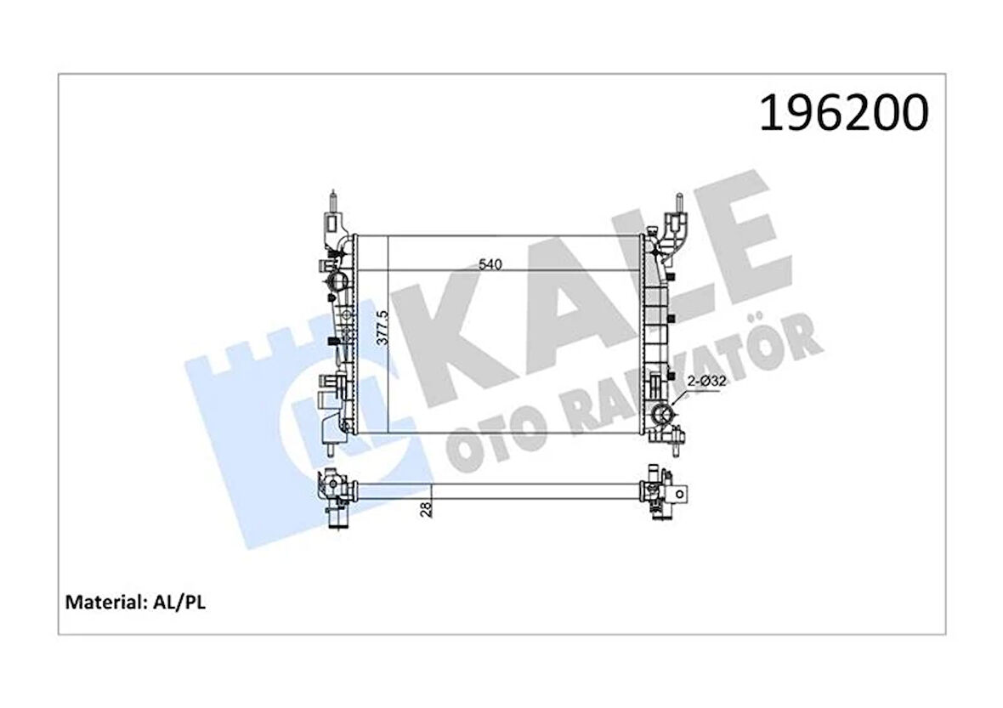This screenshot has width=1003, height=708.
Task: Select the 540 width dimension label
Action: point(490,264)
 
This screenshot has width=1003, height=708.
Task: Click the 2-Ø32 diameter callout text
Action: point(706,382)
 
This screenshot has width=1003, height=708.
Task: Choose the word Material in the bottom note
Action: point(103,603)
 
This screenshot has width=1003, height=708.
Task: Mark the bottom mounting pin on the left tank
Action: point(327,439)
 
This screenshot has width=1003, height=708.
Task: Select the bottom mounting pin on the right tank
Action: point(677,438)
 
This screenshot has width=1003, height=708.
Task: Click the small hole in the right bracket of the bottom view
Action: point(679,492)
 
